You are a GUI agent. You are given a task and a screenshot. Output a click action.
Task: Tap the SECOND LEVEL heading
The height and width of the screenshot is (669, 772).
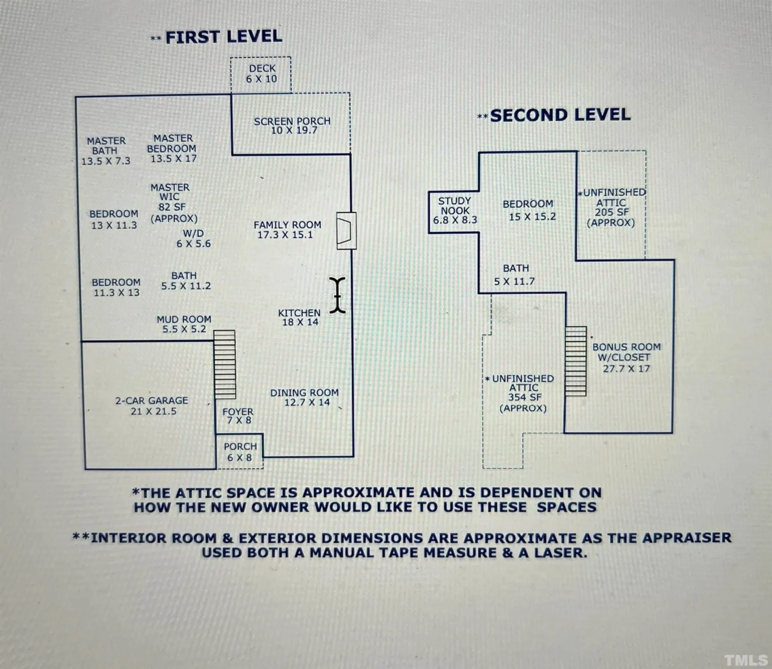pos(560,115)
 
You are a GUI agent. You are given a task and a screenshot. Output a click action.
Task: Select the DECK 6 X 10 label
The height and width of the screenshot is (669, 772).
pos(262,74)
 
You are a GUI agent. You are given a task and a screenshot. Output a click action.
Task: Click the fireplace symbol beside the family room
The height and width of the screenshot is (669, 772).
pos(346,231)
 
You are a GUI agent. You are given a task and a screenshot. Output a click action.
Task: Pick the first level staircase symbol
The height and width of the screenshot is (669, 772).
pos(225,365)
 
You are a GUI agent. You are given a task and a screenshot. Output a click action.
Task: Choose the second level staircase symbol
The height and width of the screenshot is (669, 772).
pos(576,361)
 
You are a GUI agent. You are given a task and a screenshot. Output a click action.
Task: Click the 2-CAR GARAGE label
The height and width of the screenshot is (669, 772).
pos(152,406)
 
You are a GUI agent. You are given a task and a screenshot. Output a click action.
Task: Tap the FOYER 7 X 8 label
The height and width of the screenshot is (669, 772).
pos(238,416)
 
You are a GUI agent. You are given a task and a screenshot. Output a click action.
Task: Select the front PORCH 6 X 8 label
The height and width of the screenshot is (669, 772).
pos(240,452)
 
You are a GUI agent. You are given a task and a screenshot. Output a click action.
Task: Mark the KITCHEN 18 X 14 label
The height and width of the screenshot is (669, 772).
pos(300,317)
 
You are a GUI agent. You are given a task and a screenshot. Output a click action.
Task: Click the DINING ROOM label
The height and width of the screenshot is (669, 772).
pos(305,397)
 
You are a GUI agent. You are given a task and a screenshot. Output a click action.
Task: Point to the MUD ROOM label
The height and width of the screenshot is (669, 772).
pos(184,324)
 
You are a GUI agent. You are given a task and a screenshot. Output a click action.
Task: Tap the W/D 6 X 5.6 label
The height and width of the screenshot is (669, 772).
pos(193,238)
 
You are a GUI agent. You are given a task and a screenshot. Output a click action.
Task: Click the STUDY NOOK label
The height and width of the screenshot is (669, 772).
pos(455,210)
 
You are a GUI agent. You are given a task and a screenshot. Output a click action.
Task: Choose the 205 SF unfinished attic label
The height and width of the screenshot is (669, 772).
pos(611,208)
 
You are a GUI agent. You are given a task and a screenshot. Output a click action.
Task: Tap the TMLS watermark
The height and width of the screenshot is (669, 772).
pos(745,659)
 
